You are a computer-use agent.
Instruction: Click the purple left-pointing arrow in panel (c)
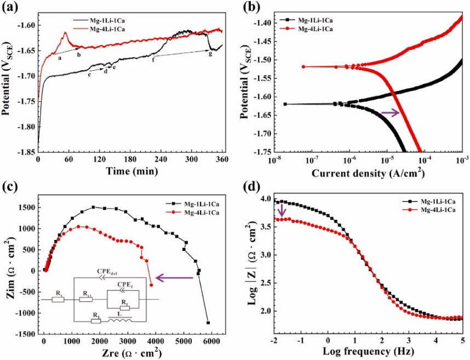174,278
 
